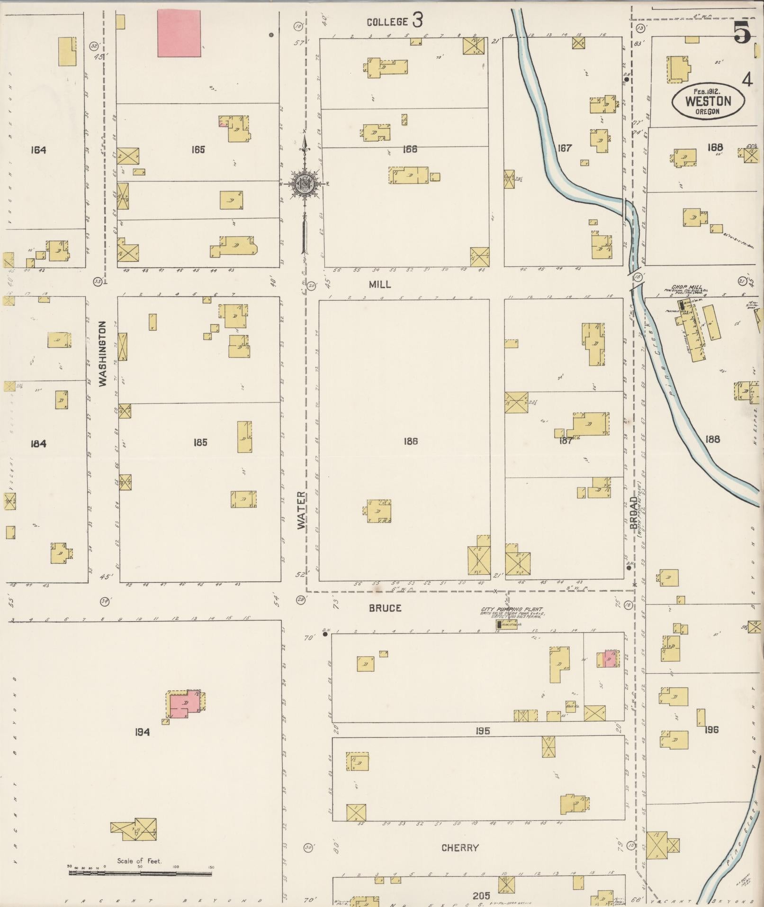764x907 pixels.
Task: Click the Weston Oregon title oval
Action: pos(708,101)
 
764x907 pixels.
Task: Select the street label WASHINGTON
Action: pos(103,354)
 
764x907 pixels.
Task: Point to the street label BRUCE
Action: pos(385,608)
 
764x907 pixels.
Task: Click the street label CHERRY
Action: pos(460,848)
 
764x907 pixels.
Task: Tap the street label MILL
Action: pos(380,284)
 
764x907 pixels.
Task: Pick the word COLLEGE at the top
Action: pos(387,22)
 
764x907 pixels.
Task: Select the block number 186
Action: pos(410,441)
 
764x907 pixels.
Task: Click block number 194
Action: pos(142,733)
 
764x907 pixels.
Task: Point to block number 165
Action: pos(198,150)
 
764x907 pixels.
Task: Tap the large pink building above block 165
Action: pos(179,34)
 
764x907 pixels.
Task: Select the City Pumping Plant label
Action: pos(512,610)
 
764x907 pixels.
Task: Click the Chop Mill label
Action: pos(686,287)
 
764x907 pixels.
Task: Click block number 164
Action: pos(38,150)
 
